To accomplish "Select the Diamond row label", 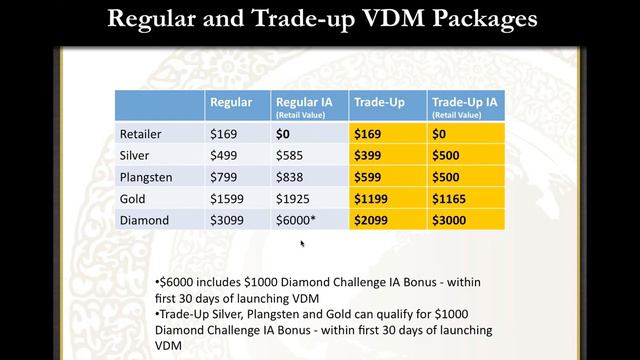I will [x=142, y=220].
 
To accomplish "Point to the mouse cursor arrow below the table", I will [x=302, y=243].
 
